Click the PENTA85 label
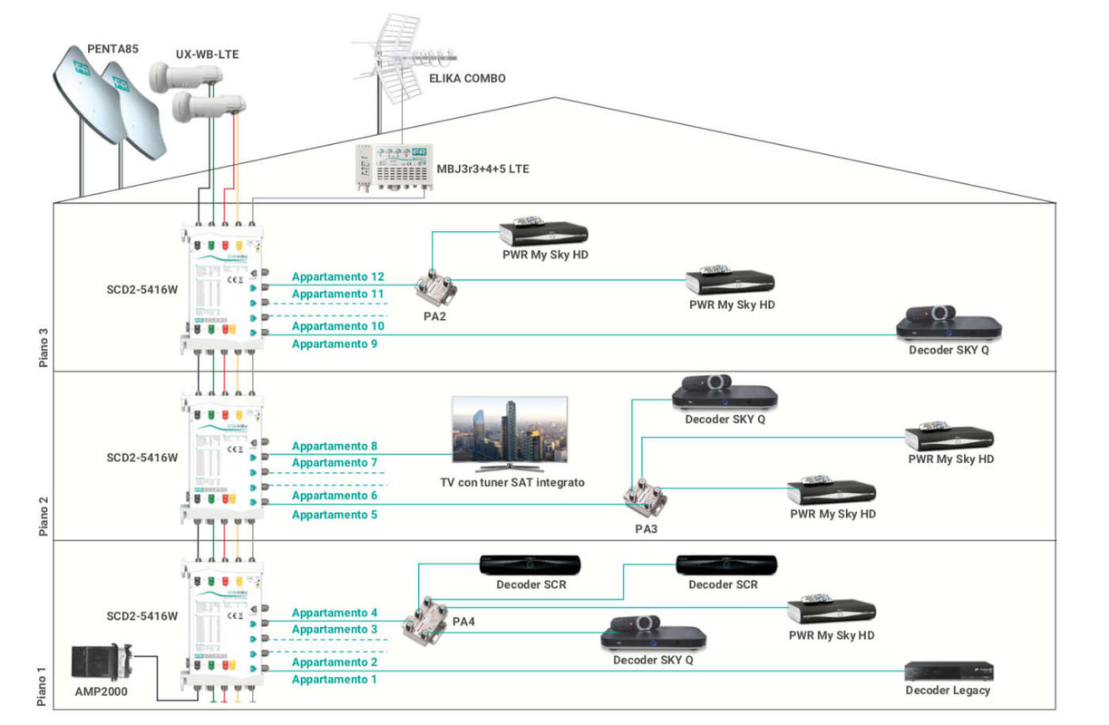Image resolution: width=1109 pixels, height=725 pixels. pyautogui.click(x=113, y=49)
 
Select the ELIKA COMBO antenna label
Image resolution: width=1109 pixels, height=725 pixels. pyautogui.click(x=467, y=79)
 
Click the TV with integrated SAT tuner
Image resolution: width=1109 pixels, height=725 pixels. pyautogui.click(x=510, y=432)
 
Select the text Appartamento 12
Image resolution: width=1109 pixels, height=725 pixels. pyautogui.click(x=337, y=276)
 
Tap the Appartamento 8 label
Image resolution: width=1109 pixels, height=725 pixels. pyautogui.click(x=334, y=446)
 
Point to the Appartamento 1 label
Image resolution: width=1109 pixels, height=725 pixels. pyautogui.click(x=334, y=680)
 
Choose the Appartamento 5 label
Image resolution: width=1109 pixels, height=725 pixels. pyautogui.click(x=334, y=515)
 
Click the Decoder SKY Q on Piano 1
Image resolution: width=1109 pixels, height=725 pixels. pyautogui.click(x=653, y=632)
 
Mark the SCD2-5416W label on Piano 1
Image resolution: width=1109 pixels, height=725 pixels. pyautogui.click(x=142, y=616)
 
